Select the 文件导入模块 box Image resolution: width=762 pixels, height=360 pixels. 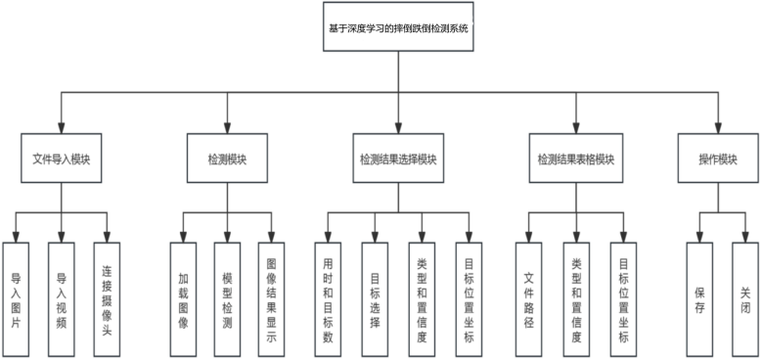click(x=62, y=158)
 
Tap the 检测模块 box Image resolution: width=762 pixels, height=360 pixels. click(x=227, y=158)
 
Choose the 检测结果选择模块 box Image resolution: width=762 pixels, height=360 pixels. click(x=398, y=158)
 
